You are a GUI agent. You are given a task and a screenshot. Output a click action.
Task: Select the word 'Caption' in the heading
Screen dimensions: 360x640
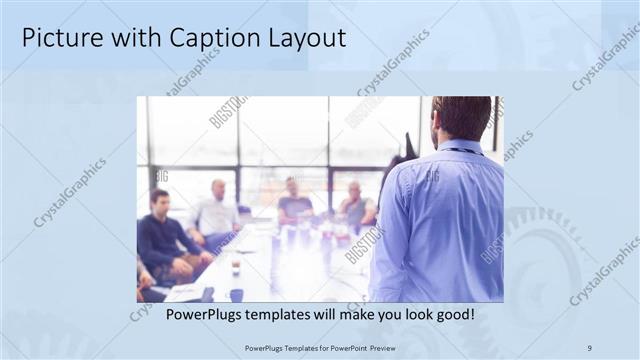pyautogui.click(x=190, y=38)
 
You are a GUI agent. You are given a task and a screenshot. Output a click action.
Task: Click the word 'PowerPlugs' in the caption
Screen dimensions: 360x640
pyautogui.click(x=200, y=314)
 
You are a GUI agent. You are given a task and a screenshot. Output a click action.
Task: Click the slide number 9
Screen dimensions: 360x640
pyautogui.click(x=589, y=347)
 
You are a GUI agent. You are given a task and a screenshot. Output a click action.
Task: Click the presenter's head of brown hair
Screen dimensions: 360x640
pyautogui.click(x=461, y=116)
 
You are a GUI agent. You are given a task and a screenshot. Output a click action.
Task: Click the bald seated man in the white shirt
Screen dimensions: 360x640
pyautogui.click(x=216, y=210)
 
